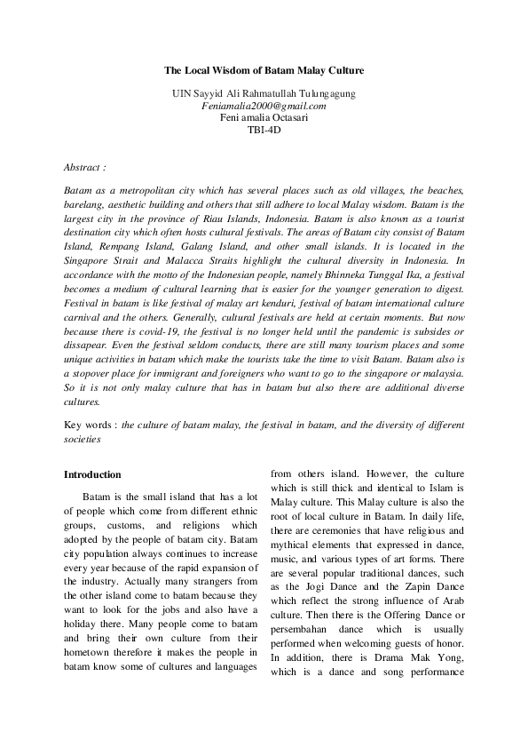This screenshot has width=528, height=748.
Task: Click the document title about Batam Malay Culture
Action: click(x=264, y=68)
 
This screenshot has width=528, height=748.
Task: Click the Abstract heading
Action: click(x=85, y=166)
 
